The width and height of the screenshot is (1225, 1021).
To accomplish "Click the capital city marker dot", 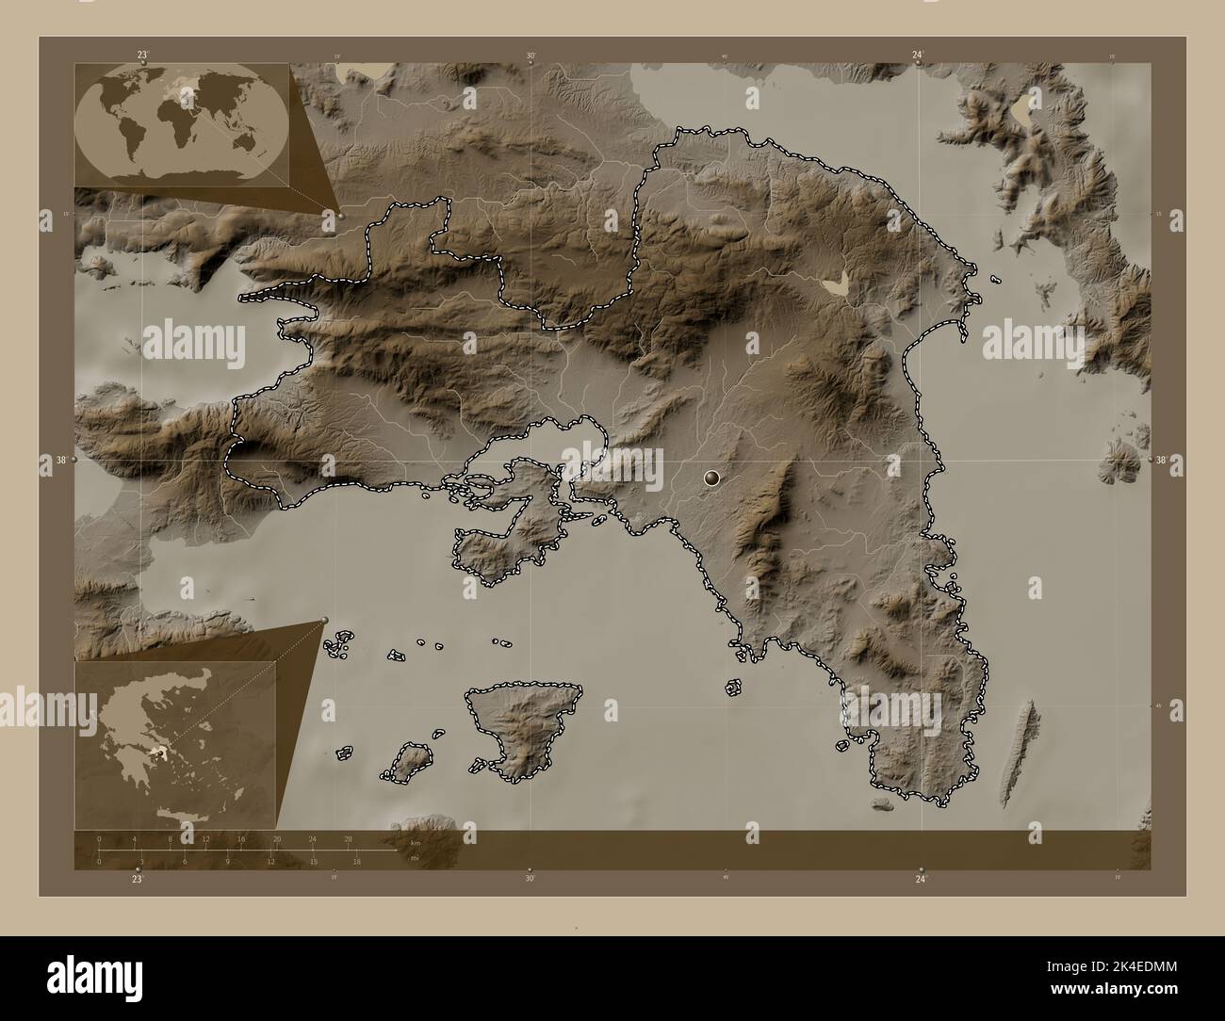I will [711, 479].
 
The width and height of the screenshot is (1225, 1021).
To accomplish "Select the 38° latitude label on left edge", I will [59, 461].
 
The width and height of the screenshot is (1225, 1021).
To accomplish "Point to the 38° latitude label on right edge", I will [1162, 461].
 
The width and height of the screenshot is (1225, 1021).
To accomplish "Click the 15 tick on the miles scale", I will [313, 861].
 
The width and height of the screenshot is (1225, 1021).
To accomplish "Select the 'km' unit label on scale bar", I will [415, 841].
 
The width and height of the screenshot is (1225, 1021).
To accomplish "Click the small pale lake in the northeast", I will [836, 281].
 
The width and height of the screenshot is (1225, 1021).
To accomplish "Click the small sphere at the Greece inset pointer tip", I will [325, 619].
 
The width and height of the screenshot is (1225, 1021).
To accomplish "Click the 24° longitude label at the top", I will [918, 56].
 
